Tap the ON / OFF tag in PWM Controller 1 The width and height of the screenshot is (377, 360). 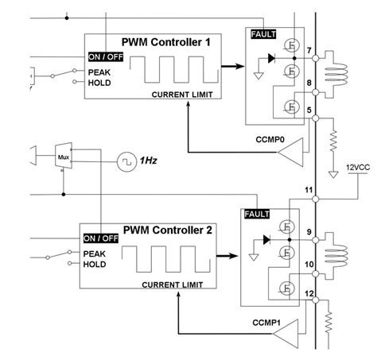click(x=105, y=56)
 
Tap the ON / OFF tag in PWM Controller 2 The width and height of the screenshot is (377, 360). click(x=102, y=238)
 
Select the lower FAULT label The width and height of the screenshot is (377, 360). click(x=256, y=215)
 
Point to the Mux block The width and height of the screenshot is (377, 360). click(x=64, y=157)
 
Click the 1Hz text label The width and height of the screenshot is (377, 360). click(x=148, y=161)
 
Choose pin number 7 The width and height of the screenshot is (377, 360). click(x=308, y=50)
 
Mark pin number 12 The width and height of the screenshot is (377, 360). click(x=309, y=294)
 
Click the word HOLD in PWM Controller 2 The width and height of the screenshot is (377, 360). click(x=95, y=265)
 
